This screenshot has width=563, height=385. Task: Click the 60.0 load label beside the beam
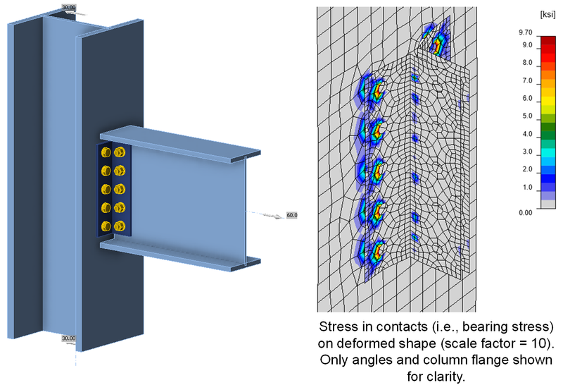pos(293,215)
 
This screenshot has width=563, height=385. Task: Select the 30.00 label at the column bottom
pos(69,339)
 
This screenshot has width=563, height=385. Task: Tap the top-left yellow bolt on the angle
pos(106,153)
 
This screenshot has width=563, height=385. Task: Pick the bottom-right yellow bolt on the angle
pos(120,226)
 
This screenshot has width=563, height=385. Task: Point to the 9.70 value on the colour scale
pos(524,32)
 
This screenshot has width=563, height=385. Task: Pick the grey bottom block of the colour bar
pos(548,204)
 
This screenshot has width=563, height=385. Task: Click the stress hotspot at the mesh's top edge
pos(438,42)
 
